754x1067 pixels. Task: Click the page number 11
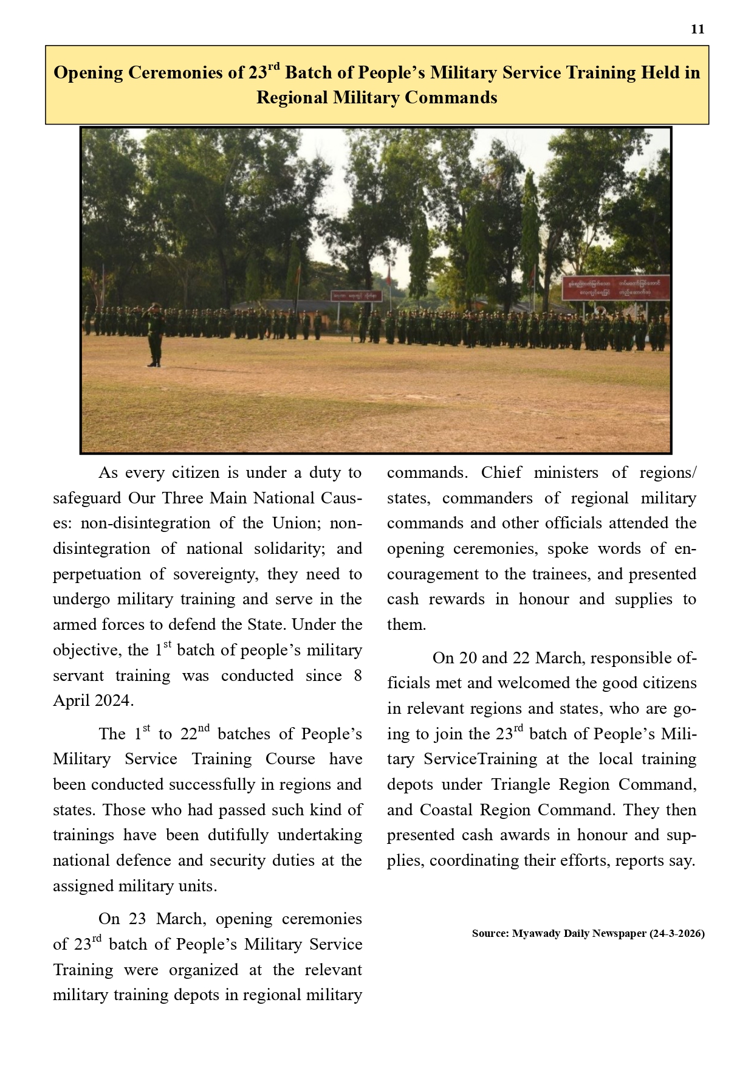697,29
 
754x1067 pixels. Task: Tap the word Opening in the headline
88,73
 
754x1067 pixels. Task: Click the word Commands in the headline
450,98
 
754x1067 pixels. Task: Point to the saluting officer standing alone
154,334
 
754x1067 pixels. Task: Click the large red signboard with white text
615,288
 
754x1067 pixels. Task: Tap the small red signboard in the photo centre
357,295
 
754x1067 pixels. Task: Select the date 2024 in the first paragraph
112,701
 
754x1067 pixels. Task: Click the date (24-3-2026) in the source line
677,933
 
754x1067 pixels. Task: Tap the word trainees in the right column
544,575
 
